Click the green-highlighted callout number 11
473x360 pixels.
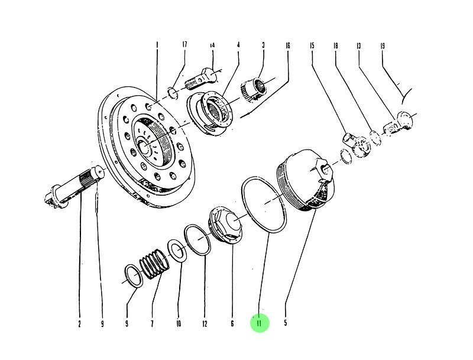point(259,323)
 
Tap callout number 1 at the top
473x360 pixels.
point(157,45)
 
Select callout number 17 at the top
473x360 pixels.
point(184,45)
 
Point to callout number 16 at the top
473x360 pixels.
point(288,45)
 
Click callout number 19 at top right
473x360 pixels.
point(383,46)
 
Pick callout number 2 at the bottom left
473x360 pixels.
point(79,323)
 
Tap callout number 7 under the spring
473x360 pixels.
point(152,323)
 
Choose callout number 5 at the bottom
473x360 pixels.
point(286,323)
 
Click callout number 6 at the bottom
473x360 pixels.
point(232,323)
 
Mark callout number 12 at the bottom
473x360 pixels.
point(205,323)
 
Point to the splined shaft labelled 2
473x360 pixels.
point(80,184)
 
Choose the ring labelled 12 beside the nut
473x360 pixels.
point(197,239)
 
